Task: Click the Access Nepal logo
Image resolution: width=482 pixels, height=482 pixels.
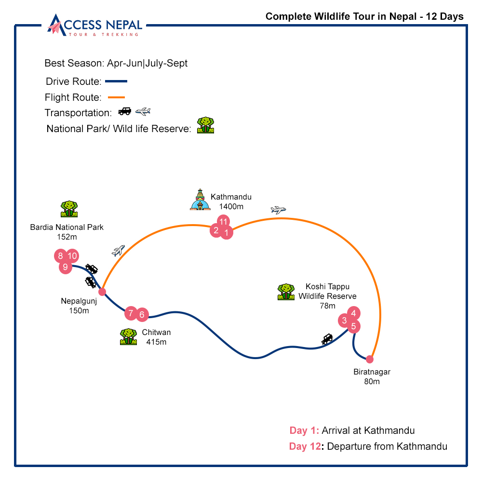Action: coord(95,25)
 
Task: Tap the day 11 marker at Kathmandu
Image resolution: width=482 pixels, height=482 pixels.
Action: coord(223,221)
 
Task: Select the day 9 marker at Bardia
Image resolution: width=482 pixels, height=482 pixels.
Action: coord(66,267)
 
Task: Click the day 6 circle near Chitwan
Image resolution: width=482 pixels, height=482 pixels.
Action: coord(142,315)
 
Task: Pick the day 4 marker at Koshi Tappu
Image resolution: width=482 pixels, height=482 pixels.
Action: coord(354,313)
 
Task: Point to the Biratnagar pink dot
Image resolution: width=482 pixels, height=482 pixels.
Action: coord(370,359)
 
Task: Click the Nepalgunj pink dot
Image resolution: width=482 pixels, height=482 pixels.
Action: coord(102,292)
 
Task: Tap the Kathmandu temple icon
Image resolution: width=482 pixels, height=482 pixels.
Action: coord(200,201)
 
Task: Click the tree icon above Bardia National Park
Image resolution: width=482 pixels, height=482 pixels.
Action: coord(69,209)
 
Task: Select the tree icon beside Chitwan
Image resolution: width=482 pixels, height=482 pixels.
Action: coord(128,336)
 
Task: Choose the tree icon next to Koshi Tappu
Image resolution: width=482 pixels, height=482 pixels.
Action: coord(286,292)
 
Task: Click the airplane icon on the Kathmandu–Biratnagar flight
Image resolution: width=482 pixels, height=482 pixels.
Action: coord(279,210)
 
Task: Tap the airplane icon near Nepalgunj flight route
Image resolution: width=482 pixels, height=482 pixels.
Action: coord(118,251)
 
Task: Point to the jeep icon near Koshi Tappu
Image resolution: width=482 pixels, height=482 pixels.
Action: coord(327,339)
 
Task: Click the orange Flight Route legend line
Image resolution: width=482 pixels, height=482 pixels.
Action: coord(117,97)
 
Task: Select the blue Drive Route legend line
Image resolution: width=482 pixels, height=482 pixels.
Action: coord(116,81)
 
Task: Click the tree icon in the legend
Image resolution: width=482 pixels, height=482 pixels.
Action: coord(206,125)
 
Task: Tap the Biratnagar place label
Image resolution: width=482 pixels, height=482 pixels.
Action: coord(372,372)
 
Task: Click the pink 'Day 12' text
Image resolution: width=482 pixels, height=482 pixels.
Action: coord(305,446)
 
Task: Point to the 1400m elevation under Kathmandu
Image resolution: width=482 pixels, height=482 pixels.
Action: coord(231,206)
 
